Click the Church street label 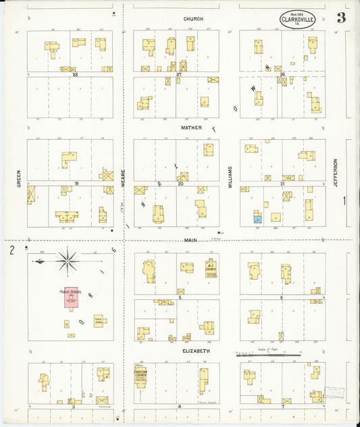click(193, 19)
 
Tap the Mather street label click(191, 127)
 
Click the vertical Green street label click(19, 178)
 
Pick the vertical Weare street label click(124, 178)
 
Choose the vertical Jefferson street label click(335, 173)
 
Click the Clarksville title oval click(296, 18)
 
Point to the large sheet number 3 click(341, 18)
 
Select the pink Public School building click(70, 298)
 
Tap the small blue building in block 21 click(257, 219)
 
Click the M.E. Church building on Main click(211, 268)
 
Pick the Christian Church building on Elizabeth click(140, 376)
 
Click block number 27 click(181, 74)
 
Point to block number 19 click(77, 183)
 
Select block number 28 click(76, 74)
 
